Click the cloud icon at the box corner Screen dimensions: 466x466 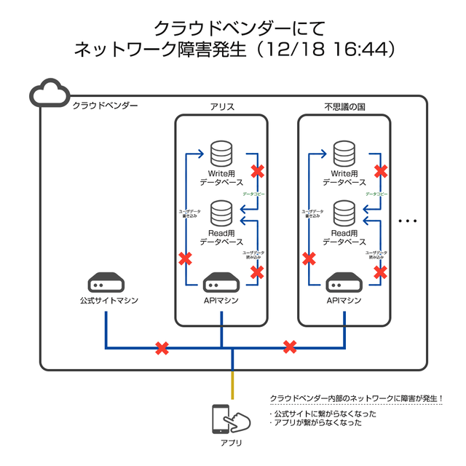[x=49, y=93]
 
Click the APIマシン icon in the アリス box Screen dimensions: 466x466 [x=221, y=283]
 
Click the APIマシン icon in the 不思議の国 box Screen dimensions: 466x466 [x=344, y=283]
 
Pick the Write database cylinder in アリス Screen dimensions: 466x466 [x=221, y=154]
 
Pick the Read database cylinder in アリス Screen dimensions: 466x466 [x=221, y=213]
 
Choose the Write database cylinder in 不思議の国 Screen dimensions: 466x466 [x=344, y=154]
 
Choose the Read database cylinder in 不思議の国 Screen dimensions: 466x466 [x=344, y=213]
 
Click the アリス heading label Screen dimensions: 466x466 [x=221, y=107]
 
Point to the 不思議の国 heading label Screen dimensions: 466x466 [x=344, y=107]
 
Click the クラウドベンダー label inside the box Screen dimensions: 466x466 [x=105, y=106]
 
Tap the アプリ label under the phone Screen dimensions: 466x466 [x=231, y=443]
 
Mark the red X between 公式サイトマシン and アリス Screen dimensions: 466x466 [x=162, y=349]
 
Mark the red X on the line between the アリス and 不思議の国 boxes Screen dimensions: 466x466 [x=290, y=347]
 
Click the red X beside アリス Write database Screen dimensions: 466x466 [x=257, y=172]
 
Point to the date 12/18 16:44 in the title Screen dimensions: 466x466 [x=328, y=50]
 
